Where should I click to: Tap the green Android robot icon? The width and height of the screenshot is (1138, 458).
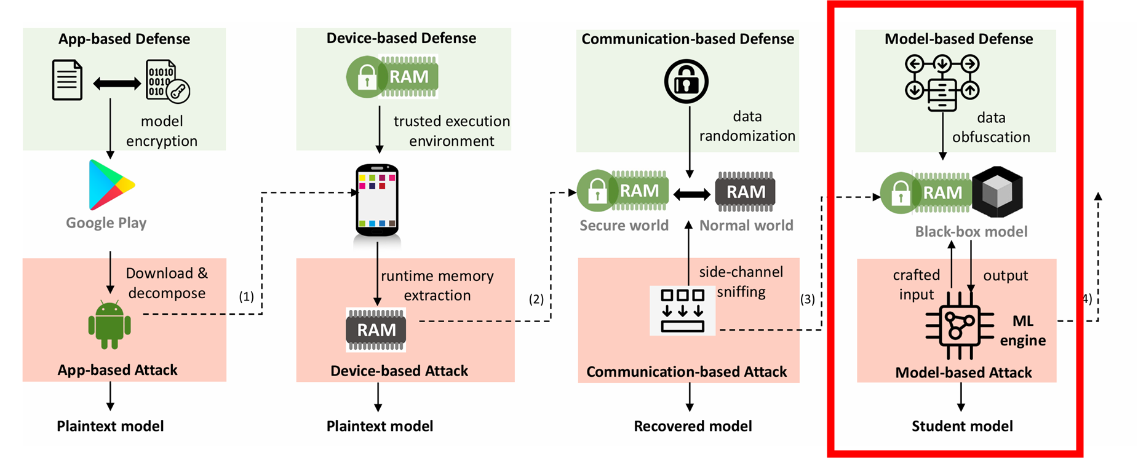coord(109,325)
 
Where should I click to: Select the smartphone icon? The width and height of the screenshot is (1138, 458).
coord(377,200)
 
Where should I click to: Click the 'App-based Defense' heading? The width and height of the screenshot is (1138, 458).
coord(124,39)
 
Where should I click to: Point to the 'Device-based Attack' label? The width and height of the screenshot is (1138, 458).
coord(399,371)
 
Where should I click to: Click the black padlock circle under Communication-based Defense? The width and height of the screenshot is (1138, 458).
coord(686,81)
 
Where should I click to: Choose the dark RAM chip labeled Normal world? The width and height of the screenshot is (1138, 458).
coord(745,192)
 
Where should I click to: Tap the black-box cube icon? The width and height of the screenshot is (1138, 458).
coord(997,192)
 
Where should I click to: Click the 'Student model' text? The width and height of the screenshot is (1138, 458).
coord(962,426)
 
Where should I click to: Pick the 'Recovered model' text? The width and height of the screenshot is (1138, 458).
coord(693,426)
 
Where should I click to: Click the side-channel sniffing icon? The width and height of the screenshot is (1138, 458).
coord(682,310)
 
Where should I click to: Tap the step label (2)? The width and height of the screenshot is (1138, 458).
coord(536,299)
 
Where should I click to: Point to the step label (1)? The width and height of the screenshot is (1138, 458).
coord(246,296)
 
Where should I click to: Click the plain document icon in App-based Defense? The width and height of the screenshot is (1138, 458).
coord(67,80)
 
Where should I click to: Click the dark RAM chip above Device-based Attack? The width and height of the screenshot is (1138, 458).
coord(376,330)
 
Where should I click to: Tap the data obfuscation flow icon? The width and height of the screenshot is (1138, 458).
coord(942,82)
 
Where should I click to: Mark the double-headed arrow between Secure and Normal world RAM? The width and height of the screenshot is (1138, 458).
coord(691,195)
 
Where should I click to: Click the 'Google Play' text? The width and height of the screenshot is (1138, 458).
coord(106,223)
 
